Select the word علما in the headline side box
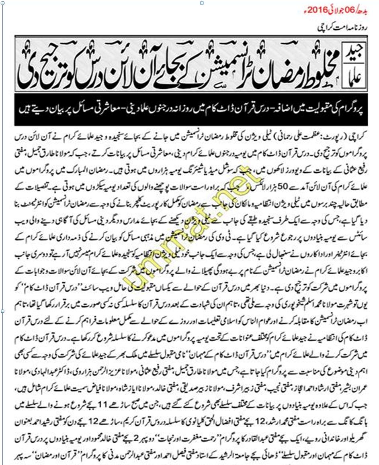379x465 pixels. coord(355,75)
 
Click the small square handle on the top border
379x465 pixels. coord(201,3)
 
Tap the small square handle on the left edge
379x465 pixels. coord(2,311)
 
